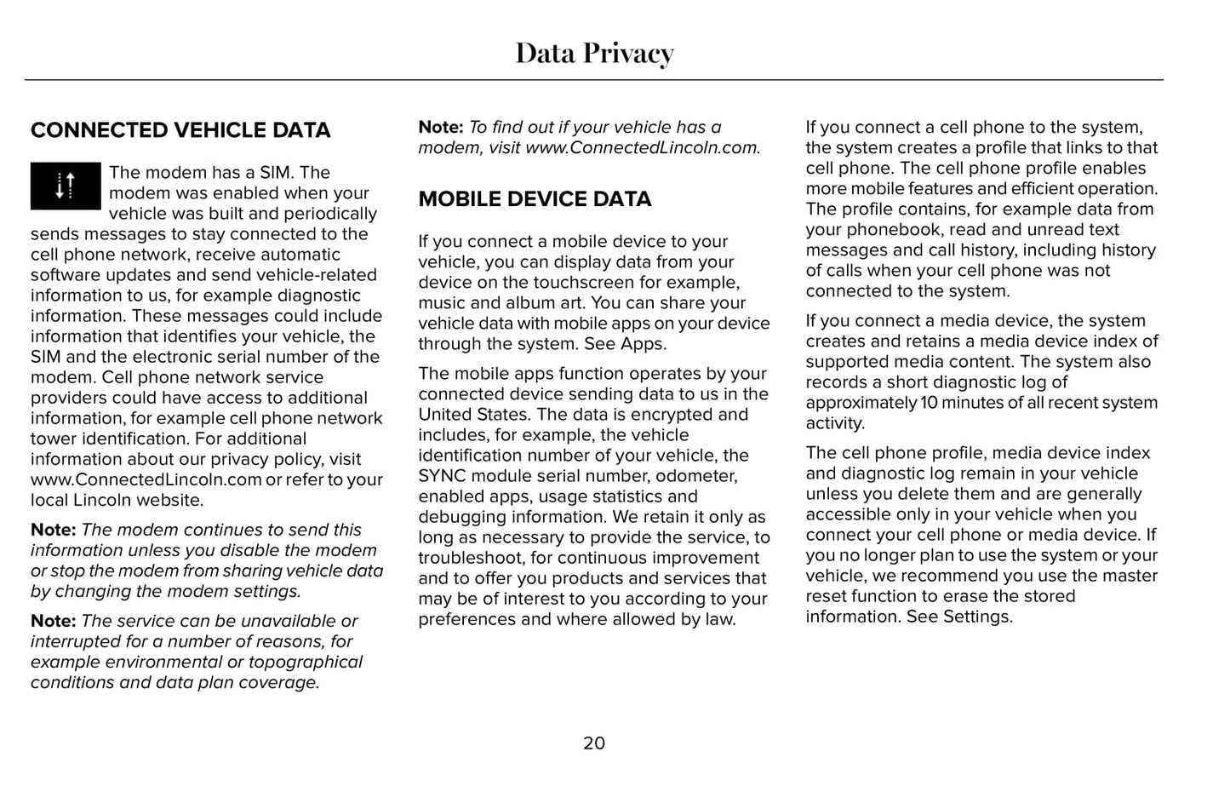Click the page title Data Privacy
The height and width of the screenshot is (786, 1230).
[x=594, y=54]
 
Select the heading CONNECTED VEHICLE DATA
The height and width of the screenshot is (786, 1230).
[x=180, y=130]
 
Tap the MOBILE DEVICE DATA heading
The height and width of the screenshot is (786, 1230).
[x=535, y=199]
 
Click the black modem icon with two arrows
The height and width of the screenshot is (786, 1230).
[x=66, y=186]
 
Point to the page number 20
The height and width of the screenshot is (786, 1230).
[x=594, y=743]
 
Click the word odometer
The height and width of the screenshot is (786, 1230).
[x=697, y=476]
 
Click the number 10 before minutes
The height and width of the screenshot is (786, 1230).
[x=929, y=403]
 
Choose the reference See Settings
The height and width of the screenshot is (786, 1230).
[x=959, y=617]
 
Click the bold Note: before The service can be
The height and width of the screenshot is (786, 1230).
[x=53, y=621]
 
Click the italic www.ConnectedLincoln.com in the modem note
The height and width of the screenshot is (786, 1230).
[x=641, y=147]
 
